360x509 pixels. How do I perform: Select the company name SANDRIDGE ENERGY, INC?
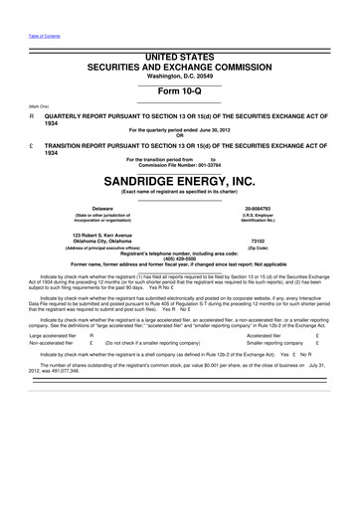coord(179,182)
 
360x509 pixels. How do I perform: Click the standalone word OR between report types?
coord(179,135)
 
